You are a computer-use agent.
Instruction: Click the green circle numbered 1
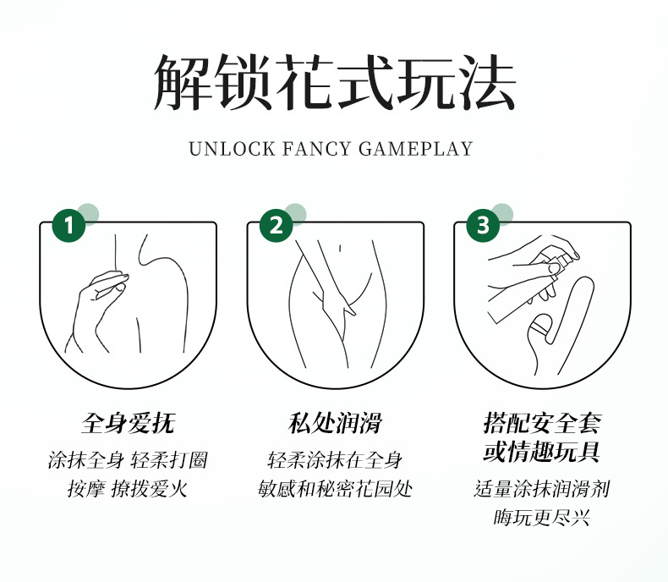pos(68,225)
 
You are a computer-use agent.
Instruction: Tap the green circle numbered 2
pos(276,225)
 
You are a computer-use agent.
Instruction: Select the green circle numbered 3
pos(483,225)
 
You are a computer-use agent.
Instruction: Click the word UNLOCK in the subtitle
pos(232,149)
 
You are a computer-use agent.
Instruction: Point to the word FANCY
pos(316,149)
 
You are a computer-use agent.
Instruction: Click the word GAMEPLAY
pos(416,149)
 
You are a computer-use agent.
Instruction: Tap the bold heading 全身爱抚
pos(129,423)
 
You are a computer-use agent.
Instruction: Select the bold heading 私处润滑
pos(335,423)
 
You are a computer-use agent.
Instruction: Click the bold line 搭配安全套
pos(542,423)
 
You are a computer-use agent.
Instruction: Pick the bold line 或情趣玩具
pos(542,452)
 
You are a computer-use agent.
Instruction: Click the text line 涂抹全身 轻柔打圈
pos(128,460)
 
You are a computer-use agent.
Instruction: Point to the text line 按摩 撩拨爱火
pos(128,488)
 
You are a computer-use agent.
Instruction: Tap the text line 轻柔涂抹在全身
pos(336,460)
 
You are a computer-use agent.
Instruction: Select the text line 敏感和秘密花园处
pos(336,488)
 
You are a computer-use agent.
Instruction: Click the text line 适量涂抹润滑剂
pos(542,488)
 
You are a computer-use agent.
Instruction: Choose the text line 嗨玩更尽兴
pos(542,518)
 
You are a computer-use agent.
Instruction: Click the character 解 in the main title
pos(183,82)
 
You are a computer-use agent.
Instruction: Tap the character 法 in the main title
pos(486,82)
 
